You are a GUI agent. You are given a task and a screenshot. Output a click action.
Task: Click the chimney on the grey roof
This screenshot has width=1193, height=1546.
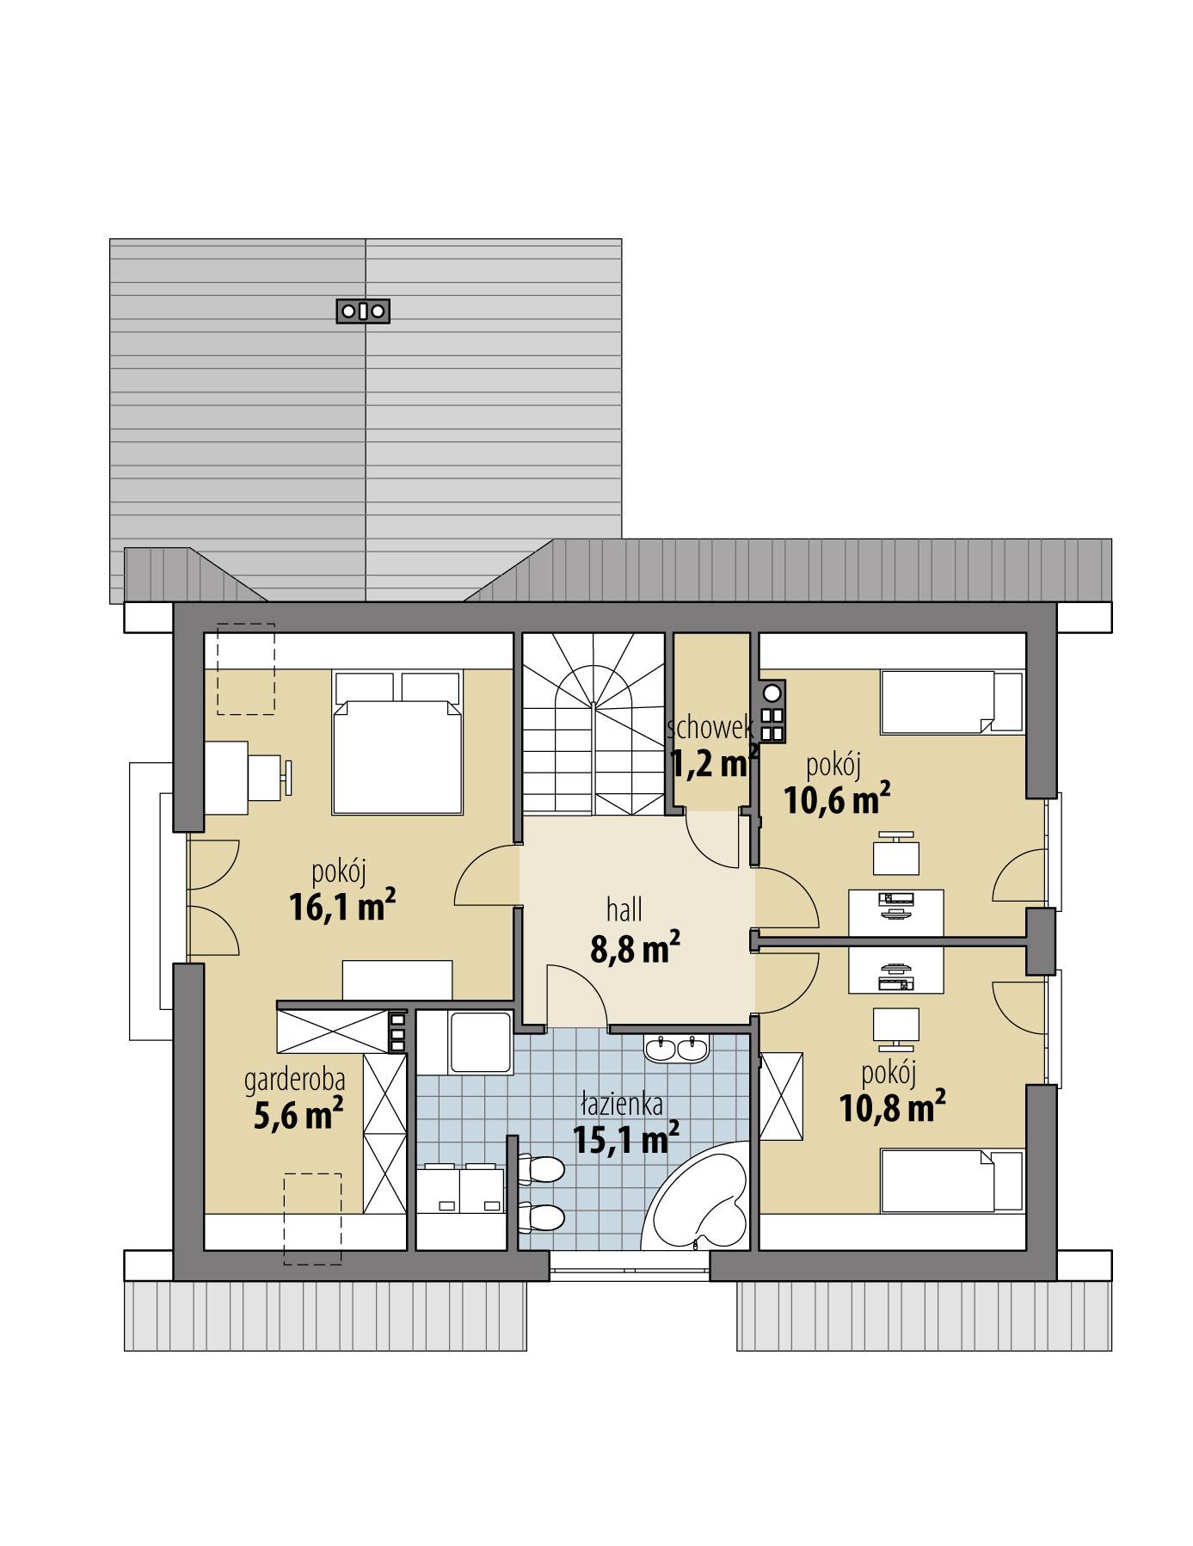tap(362, 311)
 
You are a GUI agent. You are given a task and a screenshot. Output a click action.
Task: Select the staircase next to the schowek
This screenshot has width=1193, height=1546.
tap(593, 724)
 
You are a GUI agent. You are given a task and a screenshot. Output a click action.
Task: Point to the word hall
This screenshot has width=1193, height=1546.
tap(624, 909)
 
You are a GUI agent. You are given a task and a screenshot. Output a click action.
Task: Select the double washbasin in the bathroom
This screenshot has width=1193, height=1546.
tap(676, 1048)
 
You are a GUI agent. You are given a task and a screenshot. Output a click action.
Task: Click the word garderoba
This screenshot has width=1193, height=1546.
tap(295, 1079)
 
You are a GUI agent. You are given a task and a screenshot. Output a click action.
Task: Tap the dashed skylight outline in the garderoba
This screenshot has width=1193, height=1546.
tap(312, 1218)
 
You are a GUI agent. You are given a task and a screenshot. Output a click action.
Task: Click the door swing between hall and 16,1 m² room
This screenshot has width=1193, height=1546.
tap(487, 874)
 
